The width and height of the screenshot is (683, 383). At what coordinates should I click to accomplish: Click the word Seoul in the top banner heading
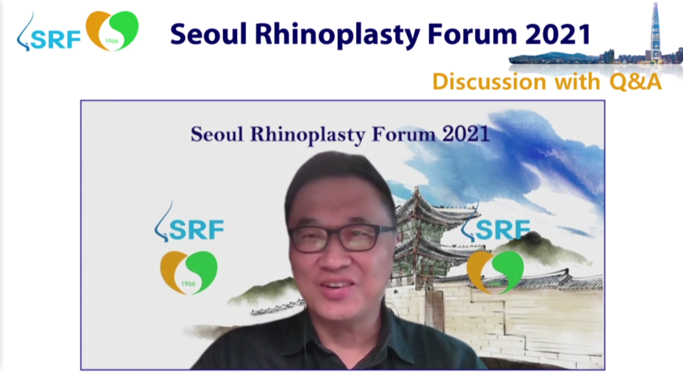[x=208, y=34]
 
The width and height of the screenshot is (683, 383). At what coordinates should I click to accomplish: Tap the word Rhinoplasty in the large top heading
[x=337, y=34]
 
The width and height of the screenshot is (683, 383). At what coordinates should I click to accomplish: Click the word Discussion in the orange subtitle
[x=489, y=82]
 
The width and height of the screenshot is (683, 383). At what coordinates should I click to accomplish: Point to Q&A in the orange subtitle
[x=636, y=82]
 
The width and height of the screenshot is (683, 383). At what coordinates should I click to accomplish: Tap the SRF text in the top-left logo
[x=56, y=40]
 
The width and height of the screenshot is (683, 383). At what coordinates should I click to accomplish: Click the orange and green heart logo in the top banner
[x=112, y=31]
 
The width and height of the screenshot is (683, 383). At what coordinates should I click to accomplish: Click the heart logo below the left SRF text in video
[x=189, y=272]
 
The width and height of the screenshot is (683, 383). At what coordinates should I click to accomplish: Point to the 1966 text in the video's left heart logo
[x=188, y=284]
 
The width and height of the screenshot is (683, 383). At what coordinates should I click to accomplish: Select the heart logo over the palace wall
[x=495, y=272]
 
